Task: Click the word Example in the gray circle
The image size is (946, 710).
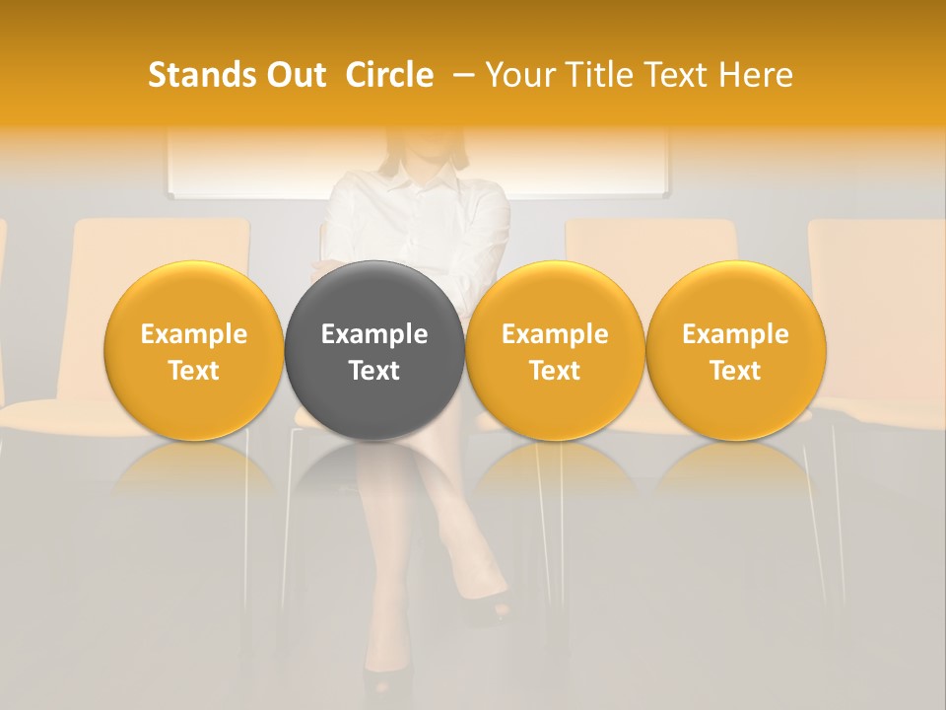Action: point(374,334)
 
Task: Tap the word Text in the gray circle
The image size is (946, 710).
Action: point(374,371)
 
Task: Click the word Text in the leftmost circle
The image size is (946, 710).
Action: point(193,371)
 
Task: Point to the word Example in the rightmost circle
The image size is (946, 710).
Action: point(736,334)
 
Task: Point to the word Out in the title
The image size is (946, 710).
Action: point(293,75)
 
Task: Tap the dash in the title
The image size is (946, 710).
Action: point(460,75)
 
